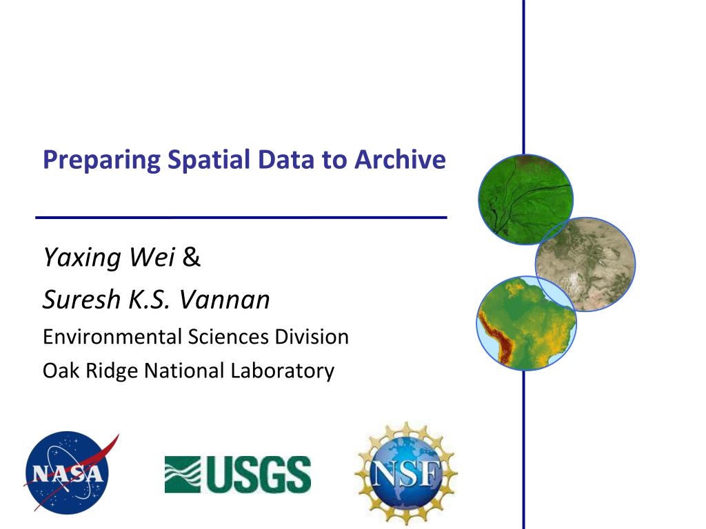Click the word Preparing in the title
(102, 160)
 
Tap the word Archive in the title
(400, 159)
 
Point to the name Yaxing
(82, 258)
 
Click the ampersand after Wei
(192, 257)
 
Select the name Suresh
(81, 299)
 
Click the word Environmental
(112, 336)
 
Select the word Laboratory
(282, 371)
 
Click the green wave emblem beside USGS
(183, 474)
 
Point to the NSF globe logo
(406, 473)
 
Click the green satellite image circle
(525, 199)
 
